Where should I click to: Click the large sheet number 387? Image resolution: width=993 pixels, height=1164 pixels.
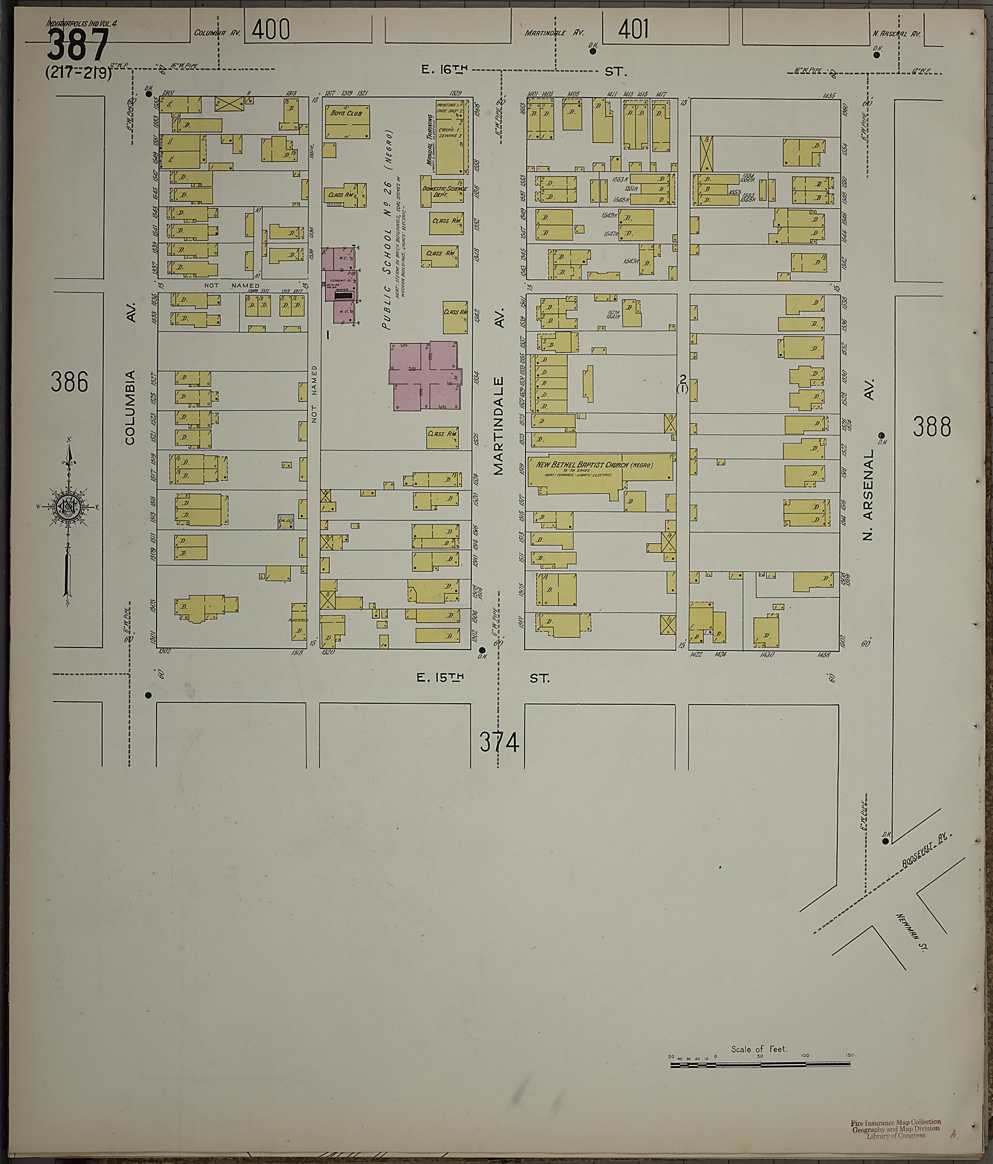tap(77, 46)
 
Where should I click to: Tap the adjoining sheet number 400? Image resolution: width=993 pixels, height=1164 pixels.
tap(271, 29)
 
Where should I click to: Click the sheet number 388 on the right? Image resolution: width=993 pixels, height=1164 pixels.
tap(932, 427)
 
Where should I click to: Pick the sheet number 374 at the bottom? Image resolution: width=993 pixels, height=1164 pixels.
tap(499, 743)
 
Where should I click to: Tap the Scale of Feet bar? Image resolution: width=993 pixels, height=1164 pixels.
tap(761, 1064)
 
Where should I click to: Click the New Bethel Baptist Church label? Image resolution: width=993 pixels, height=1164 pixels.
tap(593, 465)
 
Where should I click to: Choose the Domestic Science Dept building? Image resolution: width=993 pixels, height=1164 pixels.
tap(444, 192)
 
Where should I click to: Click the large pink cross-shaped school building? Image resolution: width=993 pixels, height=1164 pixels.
tap(426, 375)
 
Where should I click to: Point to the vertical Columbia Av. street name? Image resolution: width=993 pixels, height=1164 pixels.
tap(130, 407)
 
